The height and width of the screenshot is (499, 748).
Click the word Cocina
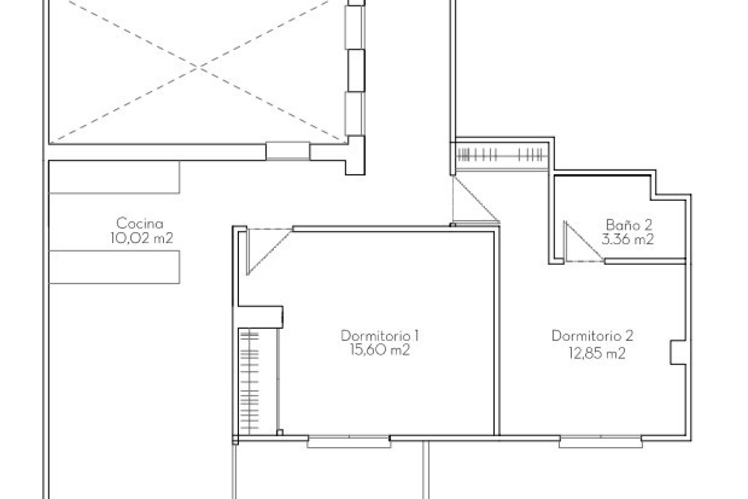pyautogui.click(x=139, y=224)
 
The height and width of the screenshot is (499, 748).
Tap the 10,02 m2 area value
pyautogui.click(x=141, y=238)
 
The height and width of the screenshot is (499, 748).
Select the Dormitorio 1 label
pyautogui.click(x=380, y=336)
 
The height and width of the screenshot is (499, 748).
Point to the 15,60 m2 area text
pyautogui.click(x=380, y=350)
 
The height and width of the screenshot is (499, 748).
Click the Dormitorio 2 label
pyautogui.click(x=592, y=336)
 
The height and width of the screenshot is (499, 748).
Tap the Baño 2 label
pyautogui.click(x=628, y=225)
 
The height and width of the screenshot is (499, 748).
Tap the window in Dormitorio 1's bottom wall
pyautogui.click(x=349, y=442)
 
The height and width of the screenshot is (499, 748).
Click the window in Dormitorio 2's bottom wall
pyautogui.click(x=600, y=442)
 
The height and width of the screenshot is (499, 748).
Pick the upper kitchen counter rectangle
pyautogui.click(x=114, y=177)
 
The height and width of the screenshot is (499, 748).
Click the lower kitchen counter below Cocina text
pyautogui.click(x=114, y=267)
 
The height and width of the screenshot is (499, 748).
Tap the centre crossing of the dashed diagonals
pyautogui.click(x=200, y=68)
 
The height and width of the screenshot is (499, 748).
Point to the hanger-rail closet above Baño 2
pyautogui.click(x=501, y=155)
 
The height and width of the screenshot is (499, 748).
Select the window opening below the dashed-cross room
pyautogui.click(x=288, y=151)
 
